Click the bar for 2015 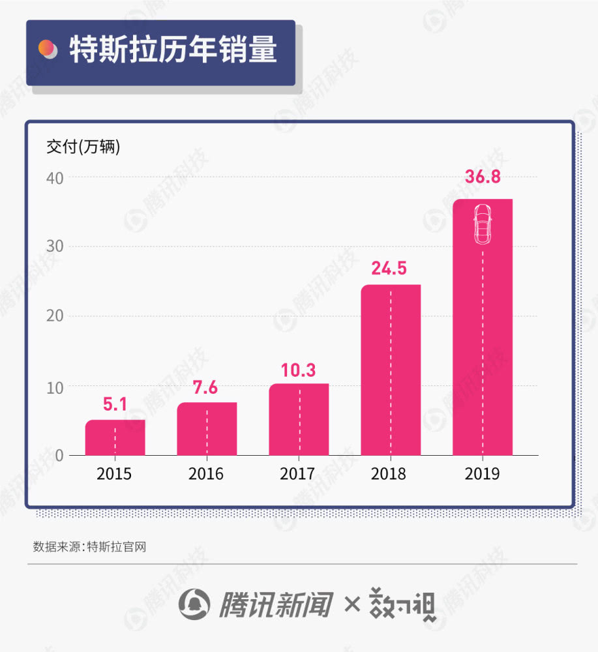click(115, 437)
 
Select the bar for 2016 click(207, 429)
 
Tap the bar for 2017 click(299, 419)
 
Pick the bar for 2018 click(391, 370)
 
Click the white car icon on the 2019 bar click(483, 223)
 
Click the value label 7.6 click(206, 388)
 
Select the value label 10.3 click(299, 370)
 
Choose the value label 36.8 click(483, 177)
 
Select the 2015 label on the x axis click(114, 474)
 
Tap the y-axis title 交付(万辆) click(83, 147)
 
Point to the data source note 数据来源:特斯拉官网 click(89, 546)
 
